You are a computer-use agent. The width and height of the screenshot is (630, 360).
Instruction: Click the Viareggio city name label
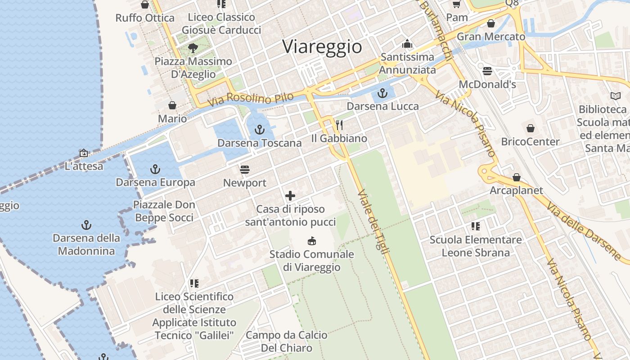(x=322, y=47)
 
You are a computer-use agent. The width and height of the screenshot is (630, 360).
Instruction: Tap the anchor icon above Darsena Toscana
(x=259, y=130)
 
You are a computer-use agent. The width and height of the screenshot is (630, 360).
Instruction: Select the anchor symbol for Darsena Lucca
(x=382, y=94)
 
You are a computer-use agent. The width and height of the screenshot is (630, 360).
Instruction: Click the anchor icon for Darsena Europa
(x=155, y=169)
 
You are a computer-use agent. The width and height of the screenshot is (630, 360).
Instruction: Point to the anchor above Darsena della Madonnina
(x=86, y=225)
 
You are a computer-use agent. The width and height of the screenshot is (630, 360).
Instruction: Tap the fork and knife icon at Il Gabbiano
(x=339, y=125)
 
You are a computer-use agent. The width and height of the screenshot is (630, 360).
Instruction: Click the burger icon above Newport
(x=245, y=170)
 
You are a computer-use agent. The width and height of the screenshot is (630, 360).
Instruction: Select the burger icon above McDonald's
(x=487, y=71)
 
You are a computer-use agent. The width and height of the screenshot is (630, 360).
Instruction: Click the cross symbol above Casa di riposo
(x=290, y=196)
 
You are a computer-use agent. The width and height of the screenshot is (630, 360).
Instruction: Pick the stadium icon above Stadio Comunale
(x=311, y=241)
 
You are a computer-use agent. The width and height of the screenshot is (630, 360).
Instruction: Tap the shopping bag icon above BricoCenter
(x=531, y=128)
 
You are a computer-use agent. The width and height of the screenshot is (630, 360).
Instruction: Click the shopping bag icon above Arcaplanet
(x=517, y=177)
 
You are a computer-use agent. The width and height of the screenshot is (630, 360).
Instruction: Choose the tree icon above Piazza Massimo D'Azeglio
(x=193, y=48)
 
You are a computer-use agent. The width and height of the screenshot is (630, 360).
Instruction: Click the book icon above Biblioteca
(x=615, y=96)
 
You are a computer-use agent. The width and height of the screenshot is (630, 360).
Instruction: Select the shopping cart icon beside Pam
(x=457, y=4)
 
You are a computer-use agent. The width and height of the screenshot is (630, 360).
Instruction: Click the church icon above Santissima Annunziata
(x=407, y=44)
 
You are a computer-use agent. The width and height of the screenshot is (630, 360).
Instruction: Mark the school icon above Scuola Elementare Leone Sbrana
(x=476, y=226)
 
